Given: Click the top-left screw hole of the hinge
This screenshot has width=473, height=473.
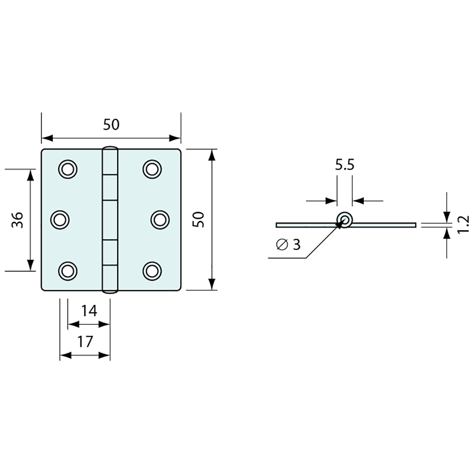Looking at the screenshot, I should point(68,169).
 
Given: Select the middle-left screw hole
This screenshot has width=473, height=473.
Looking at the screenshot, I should point(60,220).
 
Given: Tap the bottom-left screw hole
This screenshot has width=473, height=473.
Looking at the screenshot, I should point(68,270).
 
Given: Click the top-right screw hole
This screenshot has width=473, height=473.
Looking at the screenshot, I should point(151,169).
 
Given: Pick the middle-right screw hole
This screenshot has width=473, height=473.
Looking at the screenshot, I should point(160,220).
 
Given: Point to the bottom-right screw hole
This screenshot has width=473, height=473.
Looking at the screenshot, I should point(151,270).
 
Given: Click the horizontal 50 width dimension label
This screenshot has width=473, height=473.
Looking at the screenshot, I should point(111,125).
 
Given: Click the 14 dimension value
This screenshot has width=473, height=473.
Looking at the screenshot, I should point(89,310).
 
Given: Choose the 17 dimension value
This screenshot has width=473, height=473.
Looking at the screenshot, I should point(85,342).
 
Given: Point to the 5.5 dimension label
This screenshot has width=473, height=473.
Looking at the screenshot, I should point(344,165).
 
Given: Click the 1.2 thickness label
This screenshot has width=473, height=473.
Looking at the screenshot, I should point(463,224).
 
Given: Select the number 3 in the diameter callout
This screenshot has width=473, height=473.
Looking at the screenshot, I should point(296,245).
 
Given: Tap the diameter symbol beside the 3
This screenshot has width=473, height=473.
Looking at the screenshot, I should point(282,245).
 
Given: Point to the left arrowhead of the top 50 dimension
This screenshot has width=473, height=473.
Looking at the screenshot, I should point(46,138).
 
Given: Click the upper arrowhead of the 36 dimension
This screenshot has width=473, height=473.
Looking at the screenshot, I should point(30,174).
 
